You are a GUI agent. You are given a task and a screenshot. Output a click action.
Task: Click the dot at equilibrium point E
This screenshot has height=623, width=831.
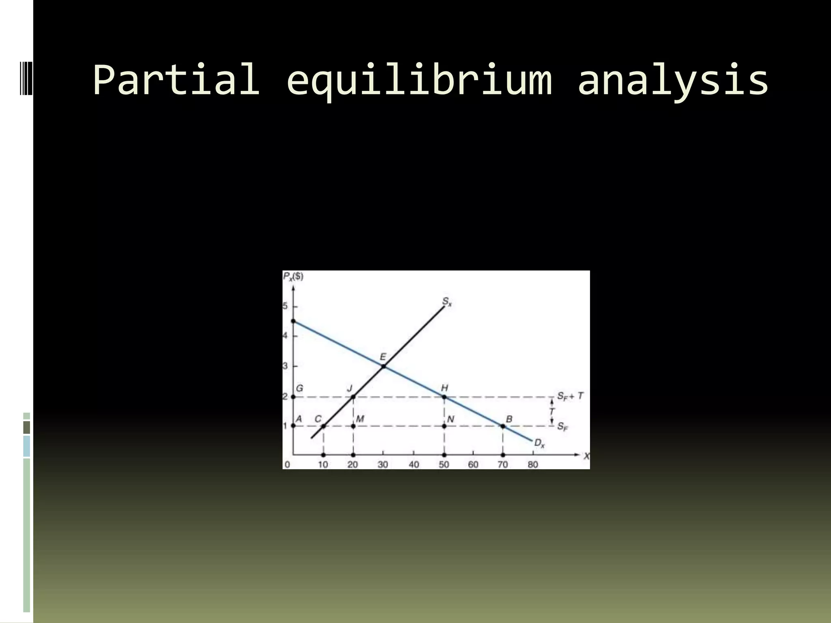pyautogui.click(x=383, y=367)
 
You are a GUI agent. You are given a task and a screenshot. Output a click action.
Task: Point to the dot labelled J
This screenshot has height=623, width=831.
pyautogui.click(x=353, y=397)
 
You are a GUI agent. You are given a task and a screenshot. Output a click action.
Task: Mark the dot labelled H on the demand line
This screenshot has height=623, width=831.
pyautogui.click(x=444, y=397)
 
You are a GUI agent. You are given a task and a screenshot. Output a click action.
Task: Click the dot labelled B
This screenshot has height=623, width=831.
pyautogui.click(x=503, y=426)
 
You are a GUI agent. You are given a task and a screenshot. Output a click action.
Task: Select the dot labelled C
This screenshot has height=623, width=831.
pyautogui.click(x=323, y=426)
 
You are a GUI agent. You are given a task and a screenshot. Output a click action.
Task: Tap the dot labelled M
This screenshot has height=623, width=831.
pyautogui.click(x=353, y=426)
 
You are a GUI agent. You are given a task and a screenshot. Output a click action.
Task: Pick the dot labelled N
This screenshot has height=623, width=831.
pyautogui.click(x=444, y=426)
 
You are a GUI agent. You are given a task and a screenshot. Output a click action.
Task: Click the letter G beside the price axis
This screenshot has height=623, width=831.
pyautogui.click(x=299, y=388)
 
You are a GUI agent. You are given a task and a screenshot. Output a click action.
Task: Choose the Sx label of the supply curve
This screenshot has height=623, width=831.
pyautogui.click(x=447, y=302)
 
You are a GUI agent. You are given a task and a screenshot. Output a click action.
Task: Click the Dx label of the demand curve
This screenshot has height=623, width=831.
pyautogui.click(x=539, y=443)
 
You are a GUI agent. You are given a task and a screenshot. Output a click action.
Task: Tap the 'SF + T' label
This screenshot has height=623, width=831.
pyautogui.click(x=570, y=396)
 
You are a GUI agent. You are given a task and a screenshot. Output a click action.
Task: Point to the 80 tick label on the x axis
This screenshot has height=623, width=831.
pyautogui.click(x=533, y=464)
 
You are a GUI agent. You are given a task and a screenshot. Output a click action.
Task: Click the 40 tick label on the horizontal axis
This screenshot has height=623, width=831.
pyautogui.click(x=413, y=464)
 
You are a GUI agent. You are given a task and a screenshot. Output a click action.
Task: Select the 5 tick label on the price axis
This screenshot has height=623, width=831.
pyautogui.click(x=285, y=306)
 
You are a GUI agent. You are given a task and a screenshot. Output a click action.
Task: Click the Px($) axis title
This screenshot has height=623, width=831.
pyautogui.click(x=293, y=277)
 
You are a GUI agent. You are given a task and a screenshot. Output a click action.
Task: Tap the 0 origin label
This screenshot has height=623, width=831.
pyautogui.click(x=287, y=464)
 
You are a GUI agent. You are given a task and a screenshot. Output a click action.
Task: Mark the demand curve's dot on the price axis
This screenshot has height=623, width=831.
pyautogui.click(x=293, y=321)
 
